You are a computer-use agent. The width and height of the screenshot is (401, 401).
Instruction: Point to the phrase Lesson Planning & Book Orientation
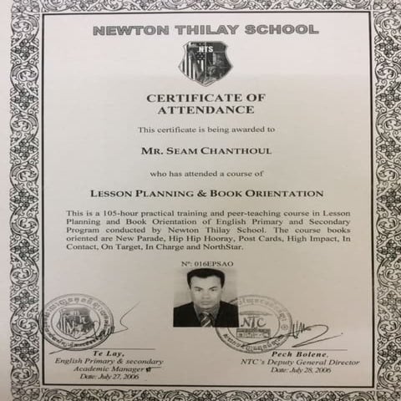point(206,193)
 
